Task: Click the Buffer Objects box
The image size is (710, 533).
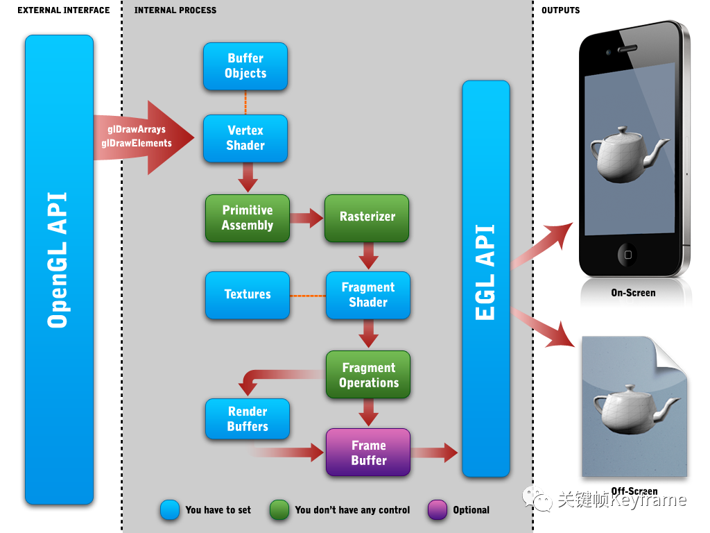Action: pos(245,66)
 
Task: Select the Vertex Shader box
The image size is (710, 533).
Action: pos(245,138)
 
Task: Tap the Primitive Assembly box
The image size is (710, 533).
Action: pos(247,218)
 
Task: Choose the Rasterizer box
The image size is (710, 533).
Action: pos(367,217)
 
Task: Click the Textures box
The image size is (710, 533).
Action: pos(247,295)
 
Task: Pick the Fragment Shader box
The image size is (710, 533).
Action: pos(368,295)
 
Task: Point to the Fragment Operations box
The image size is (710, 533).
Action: pos(368,375)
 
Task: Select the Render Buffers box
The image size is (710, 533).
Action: pos(247,419)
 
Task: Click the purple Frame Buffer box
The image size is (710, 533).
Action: pos(368,452)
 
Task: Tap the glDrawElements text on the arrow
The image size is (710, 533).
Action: pos(137,143)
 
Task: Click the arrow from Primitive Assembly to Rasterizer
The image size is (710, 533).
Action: pos(306,218)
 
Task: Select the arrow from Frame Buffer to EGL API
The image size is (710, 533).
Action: pos(435,453)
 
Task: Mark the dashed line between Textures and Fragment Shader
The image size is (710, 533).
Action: pos(307,296)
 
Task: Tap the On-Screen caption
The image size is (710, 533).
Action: pos(633,293)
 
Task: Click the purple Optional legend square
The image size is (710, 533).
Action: pos(438,509)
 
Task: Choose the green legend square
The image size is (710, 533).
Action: pos(280,509)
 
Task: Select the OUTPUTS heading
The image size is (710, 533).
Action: pos(560,10)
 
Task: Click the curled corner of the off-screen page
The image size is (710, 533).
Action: pos(670,355)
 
